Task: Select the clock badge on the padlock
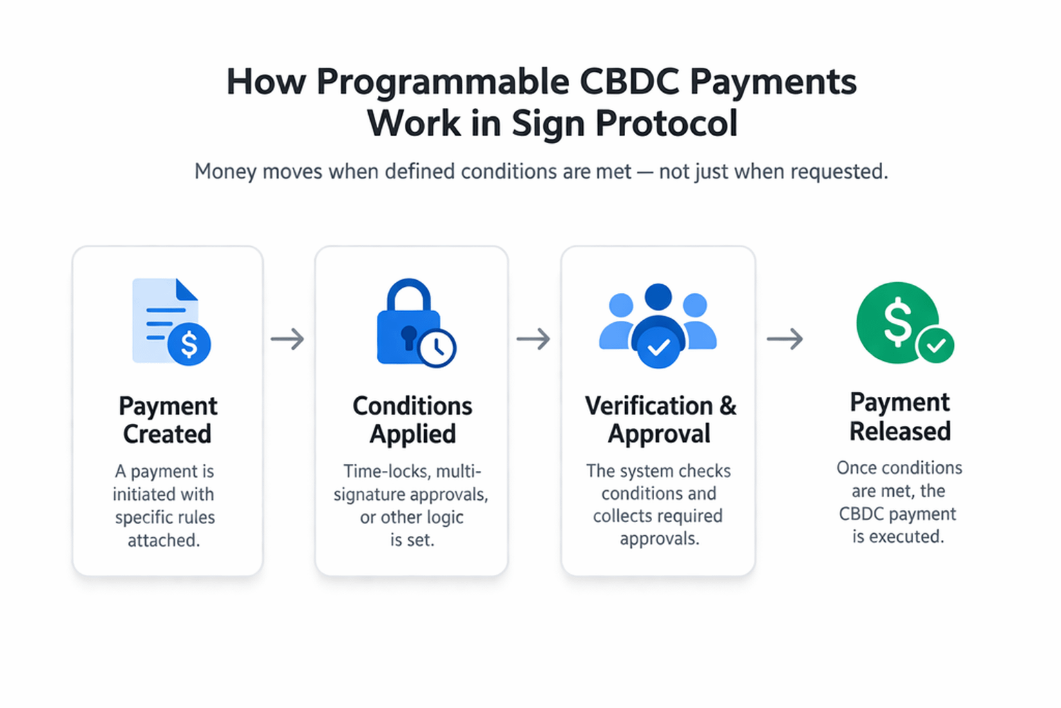tap(437, 348)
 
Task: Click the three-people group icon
tap(658, 324)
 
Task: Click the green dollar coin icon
tap(898, 322)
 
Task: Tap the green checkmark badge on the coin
tap(935, 344)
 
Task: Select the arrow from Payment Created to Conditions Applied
tap(287, 339)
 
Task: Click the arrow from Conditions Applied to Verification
tap(533, 339)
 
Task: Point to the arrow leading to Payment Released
tap(785, 339)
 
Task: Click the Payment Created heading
tap(167, 420)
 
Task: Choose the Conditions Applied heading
tap(412, 420)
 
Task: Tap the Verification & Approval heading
tap(660, 420)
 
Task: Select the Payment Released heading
tap(899, 416)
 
